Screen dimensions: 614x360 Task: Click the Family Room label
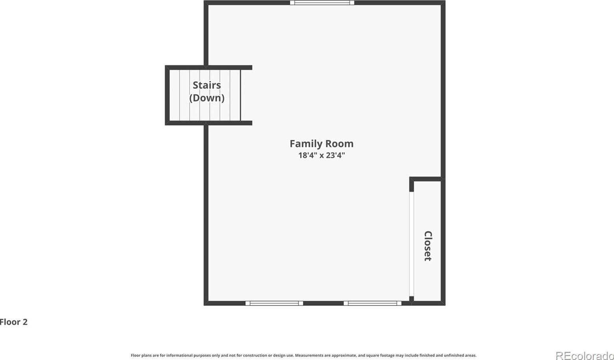(321, 144)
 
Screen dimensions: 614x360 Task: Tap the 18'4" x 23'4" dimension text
(321, 156)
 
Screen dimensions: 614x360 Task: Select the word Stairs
(207, 85)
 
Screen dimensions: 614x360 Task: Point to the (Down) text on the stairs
(207, 98)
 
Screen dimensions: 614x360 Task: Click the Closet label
(428, 246)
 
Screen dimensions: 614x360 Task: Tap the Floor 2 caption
(14, 322)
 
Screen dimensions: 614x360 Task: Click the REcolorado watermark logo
(585, 356)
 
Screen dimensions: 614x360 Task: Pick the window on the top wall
(322, 3)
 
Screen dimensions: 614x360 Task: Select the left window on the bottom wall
(274, 303)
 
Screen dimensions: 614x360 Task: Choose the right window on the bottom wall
(373, 303)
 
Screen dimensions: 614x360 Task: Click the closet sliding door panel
(412, 244)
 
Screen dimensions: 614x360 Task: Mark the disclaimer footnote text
(303, 355)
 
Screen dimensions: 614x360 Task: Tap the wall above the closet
(427, 179)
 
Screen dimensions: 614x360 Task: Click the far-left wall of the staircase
(167, 95)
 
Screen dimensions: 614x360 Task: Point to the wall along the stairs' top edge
(209, 67)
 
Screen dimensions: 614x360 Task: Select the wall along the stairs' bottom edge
(209, 123)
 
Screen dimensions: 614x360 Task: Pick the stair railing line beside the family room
(240, 95)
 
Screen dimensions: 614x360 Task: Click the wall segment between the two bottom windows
(323, 303)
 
